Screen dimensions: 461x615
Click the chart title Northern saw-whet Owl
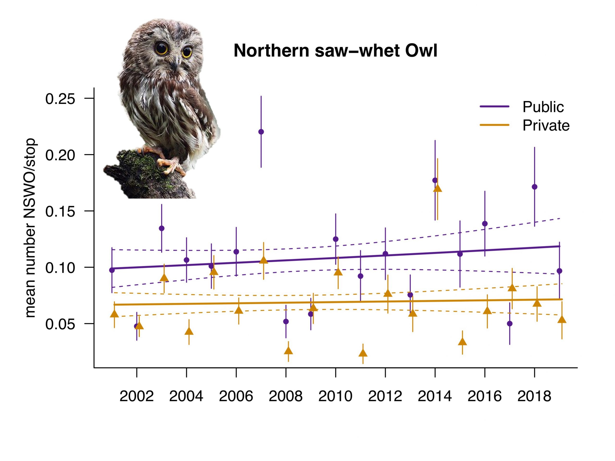click(335, 51)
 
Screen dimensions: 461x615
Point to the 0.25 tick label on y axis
click(60, 99)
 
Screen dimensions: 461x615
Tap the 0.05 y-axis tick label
click(60, 324)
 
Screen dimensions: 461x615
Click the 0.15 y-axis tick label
click(60, 212)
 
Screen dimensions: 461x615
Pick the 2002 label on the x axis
click(136, 396)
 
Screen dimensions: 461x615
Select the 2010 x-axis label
click(335, 396)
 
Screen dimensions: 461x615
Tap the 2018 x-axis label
click(534, 396)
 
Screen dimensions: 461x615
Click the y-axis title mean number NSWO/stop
click(30, 228)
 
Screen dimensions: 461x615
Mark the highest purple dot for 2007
click(261, 132)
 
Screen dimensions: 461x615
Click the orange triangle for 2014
click(438, 188)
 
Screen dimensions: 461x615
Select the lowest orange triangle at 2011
click(363, 353)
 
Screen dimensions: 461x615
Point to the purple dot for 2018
click(534, 187)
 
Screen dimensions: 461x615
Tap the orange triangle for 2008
click(289, 350)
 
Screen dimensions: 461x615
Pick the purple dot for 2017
click(510, 324)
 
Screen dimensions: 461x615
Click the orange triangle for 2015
click(462, 341)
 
